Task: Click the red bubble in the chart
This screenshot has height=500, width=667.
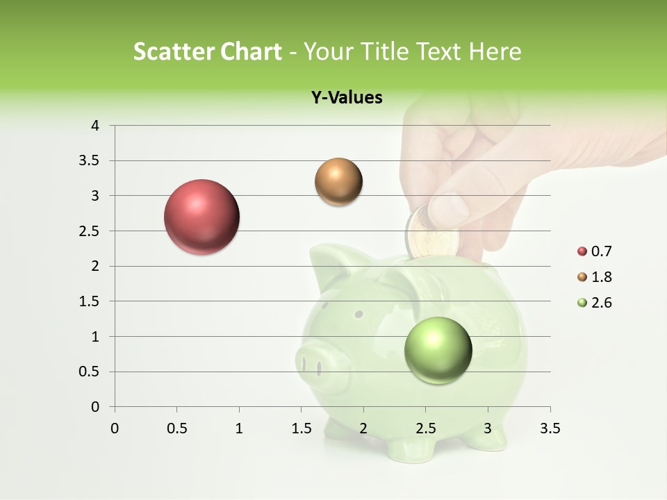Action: (201, 217)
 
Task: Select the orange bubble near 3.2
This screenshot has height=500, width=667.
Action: (338, 182)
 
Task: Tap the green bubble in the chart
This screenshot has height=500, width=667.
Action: (438, 350)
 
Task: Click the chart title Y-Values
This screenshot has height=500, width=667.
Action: (347, 97)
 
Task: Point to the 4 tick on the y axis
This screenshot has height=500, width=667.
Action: (95, 126)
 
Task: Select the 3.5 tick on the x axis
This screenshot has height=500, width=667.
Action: (550, 428)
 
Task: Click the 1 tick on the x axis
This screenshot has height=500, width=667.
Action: (239, 428)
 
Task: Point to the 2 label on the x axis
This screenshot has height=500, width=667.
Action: (363, 428)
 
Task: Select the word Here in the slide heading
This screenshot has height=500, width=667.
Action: (495, 51)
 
